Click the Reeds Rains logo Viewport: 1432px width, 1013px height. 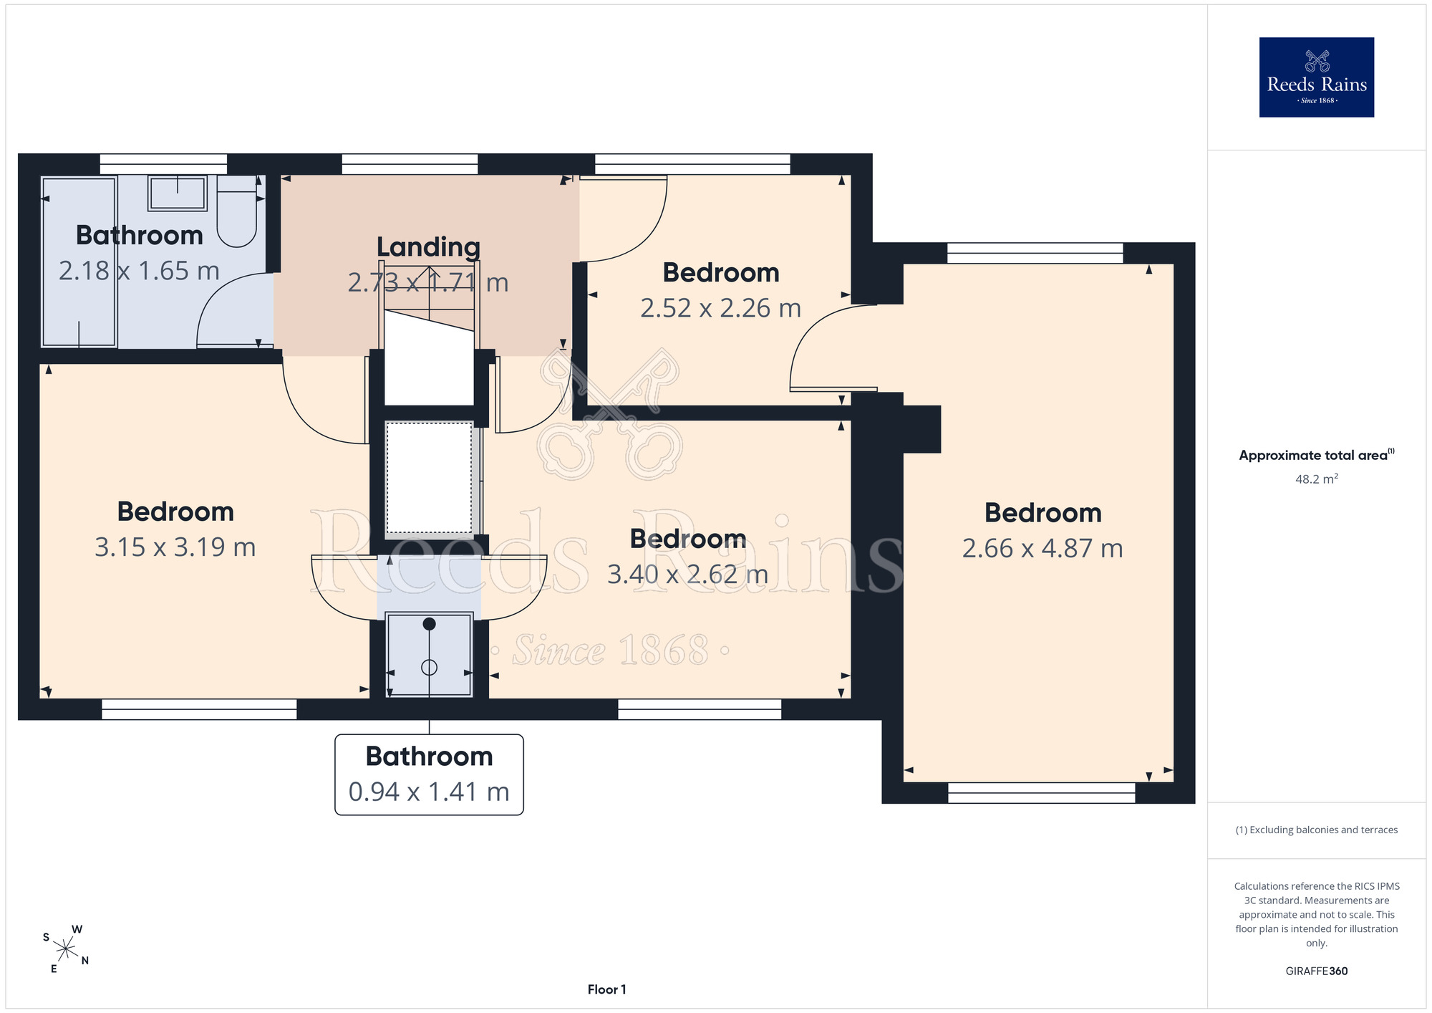click(x=1316, y=77)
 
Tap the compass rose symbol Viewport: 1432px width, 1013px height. click(x=65, y=949)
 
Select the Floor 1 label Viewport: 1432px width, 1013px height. click(x=606, y=989)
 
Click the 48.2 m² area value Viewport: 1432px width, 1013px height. click(x=1316, y=479)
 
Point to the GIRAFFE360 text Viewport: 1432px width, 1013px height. click(x=1316, y=971)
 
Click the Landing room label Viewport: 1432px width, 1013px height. click(x=428, y=246)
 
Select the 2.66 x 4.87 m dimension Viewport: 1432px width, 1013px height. click(x=1042, y=548)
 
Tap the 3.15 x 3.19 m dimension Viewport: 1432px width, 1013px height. click(x=175, y=547)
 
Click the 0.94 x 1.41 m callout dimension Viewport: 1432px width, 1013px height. click(x=429, y=792)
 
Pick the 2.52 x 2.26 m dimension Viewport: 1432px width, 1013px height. click(x=720, y=308)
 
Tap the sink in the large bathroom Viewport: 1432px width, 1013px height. click(x=178, y=193)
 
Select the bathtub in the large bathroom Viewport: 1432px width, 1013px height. click(x=79, y=262)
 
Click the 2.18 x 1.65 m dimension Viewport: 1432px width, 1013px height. click(x=139, y=270)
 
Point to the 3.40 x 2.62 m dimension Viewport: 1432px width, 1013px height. click(x=687, y=574)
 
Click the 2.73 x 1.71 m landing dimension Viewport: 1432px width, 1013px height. click(x=428, y=282)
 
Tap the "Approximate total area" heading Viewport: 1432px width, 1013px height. click(x=1316, y=455)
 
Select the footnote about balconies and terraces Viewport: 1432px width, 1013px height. click(x=1316, y=830)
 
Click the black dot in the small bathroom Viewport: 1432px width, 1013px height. click(x=429, y=624)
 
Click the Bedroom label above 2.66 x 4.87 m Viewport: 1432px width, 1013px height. click(x=1042, y=512)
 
